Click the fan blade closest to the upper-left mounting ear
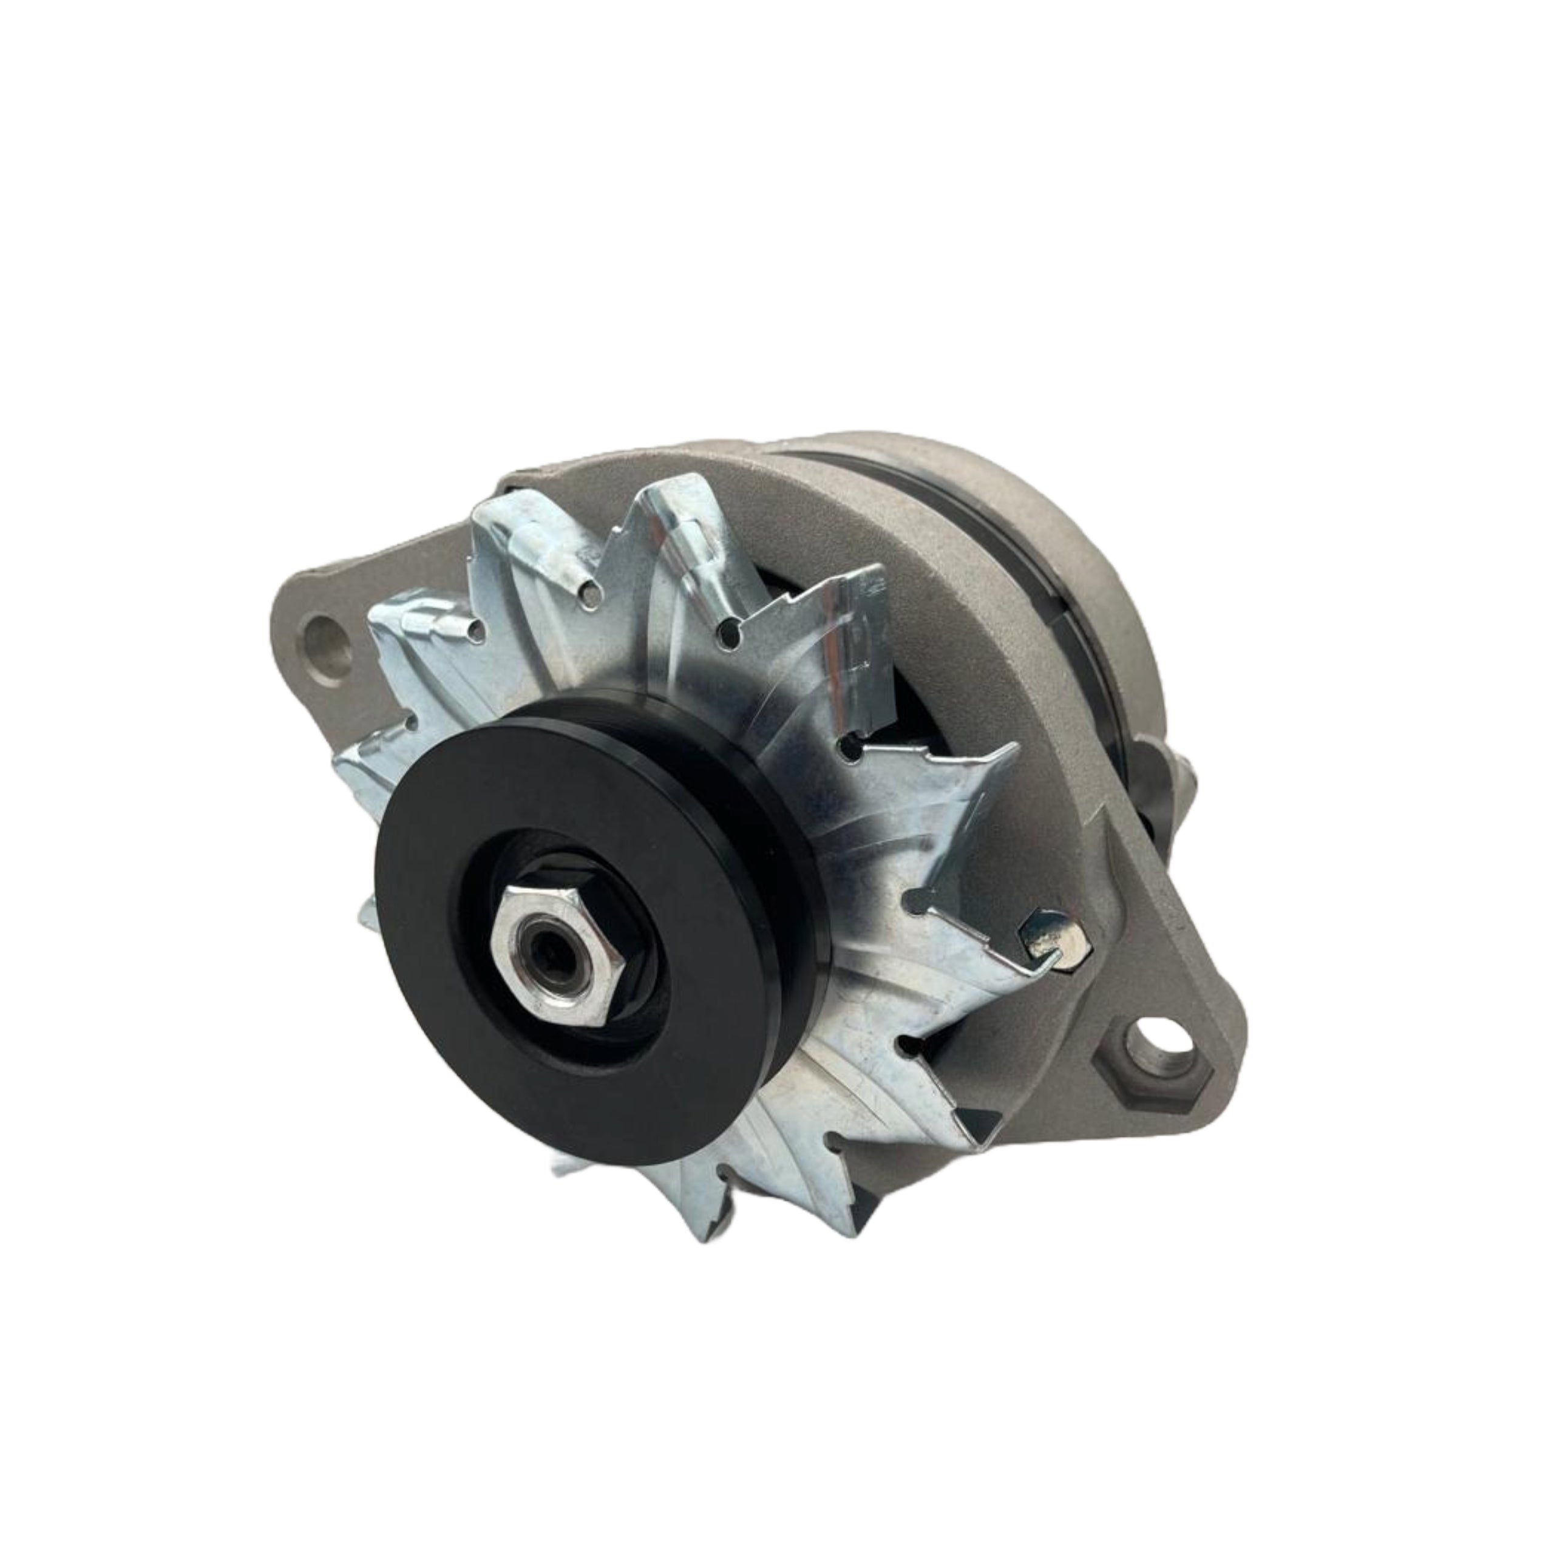tap(418, 643)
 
